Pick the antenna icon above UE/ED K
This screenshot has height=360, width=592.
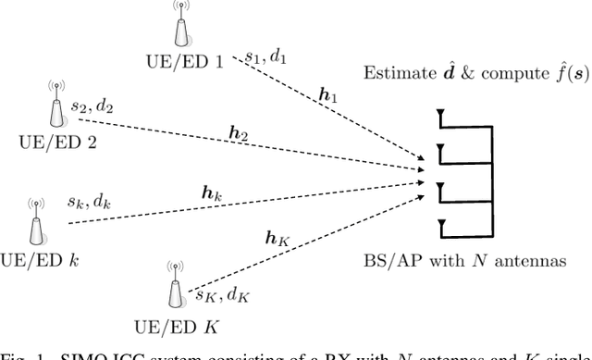173,287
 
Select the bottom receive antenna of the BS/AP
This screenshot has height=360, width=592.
442,221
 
